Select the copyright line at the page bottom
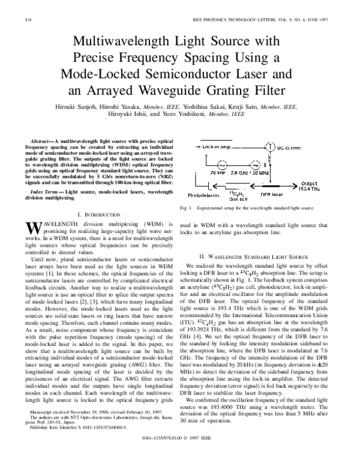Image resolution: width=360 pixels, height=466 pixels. pos(179,456)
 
